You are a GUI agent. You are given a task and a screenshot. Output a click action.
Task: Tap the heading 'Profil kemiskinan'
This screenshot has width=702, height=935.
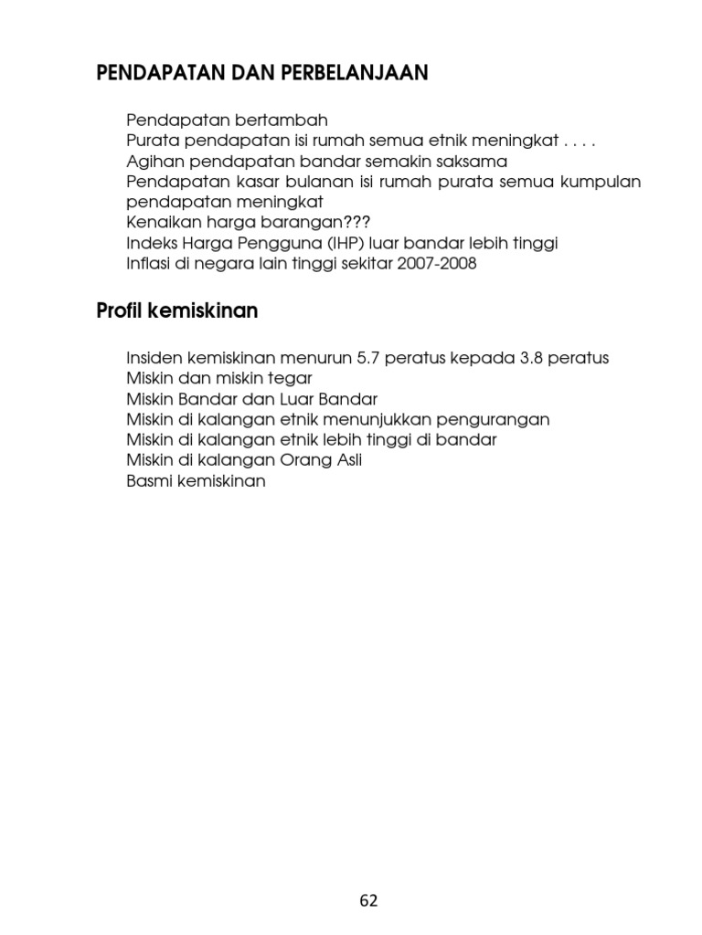coord(177,311)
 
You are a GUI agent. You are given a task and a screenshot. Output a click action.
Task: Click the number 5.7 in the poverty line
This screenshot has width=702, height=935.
coord(368,358)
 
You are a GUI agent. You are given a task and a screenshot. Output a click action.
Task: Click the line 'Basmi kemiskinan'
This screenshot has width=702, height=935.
coord(197,481)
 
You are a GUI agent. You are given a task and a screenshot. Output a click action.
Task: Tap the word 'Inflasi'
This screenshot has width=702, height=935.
coord(150,264)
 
